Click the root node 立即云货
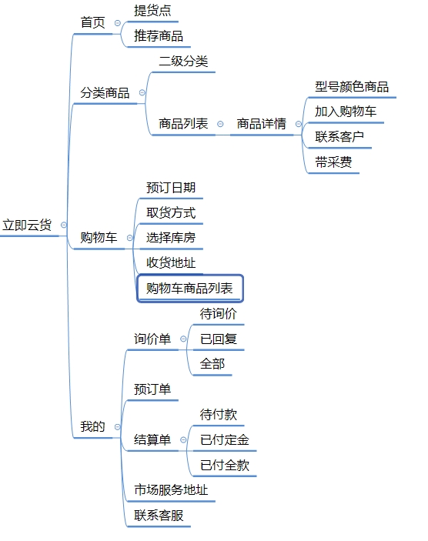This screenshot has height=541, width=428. click(27, 225)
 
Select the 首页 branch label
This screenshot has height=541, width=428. click(92, 23)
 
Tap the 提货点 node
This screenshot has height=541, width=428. click(152, 10)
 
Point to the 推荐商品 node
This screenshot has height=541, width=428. click(159, 36)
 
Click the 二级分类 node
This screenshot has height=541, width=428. click(183, 61)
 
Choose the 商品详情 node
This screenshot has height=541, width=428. click(261, 124)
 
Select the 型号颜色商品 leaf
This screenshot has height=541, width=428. click(352, 86)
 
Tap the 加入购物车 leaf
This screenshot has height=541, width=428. click(346, 112)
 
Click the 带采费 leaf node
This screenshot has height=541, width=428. click(333, 162)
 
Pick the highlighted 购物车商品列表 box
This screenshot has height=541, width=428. click(190, 289)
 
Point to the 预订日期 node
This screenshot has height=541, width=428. click(171, 188)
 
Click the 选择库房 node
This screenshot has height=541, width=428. click(171, 238)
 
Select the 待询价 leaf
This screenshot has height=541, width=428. click(218, 314)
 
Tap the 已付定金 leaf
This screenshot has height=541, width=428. click(224, 440)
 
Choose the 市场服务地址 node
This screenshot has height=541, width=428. click(171, 490)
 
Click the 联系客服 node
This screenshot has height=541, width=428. click(159, 516)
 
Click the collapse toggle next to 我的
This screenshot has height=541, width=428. click(117, 427)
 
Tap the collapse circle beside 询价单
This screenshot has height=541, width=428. click(183, 339)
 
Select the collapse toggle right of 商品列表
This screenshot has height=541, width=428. click(220, 124)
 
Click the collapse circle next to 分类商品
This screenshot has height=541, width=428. click(142, 92)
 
